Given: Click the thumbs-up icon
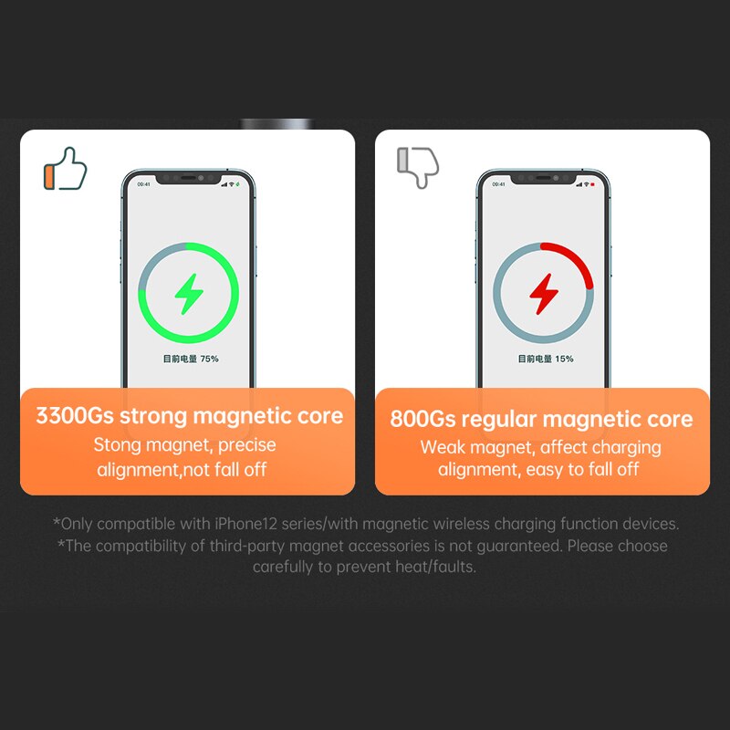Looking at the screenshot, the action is [65, 169].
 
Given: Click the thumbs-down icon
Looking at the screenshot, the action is [418, 168].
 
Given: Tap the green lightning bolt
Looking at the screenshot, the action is [189, 294].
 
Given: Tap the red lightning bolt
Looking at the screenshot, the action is [544, 294].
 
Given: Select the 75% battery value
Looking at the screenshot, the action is [210, 359].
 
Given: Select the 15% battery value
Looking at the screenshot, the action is [564, 359].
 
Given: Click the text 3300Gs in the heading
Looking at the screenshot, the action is [75, 415].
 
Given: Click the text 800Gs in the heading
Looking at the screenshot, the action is [422, 419].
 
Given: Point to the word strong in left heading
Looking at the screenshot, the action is [153, 417].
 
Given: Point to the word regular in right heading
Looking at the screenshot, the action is [499, 420].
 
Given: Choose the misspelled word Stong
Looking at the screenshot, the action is [117, 445].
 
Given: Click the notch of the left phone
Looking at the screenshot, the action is [189, 178].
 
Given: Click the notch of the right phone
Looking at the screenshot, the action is [544, 178].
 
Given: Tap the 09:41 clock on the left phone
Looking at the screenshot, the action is [144, 184].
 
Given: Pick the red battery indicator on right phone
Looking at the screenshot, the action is [592, 184].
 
